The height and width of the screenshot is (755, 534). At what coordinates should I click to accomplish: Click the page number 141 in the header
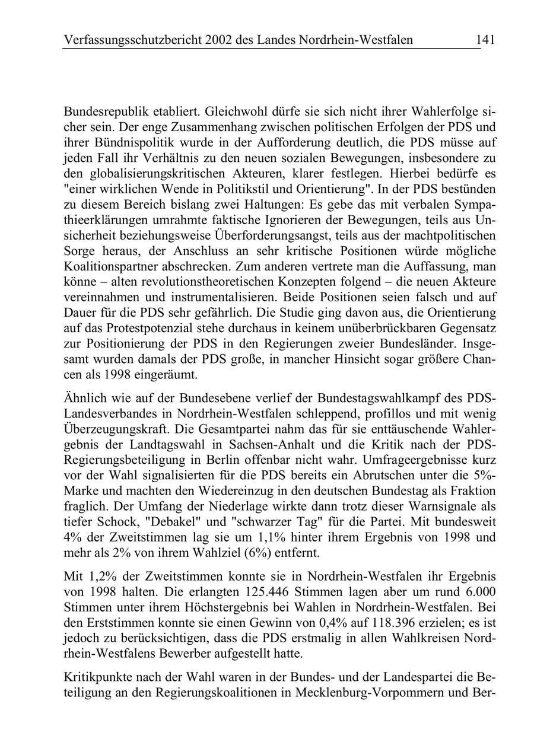coord(485,40)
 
